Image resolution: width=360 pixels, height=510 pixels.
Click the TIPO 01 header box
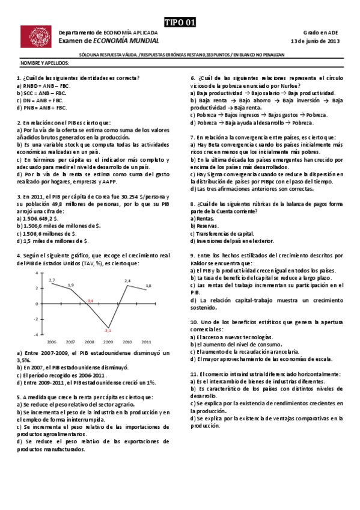[180, 22]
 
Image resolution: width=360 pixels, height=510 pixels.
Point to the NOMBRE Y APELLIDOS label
[45, 63]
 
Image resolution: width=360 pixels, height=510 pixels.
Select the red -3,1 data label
[108, 330]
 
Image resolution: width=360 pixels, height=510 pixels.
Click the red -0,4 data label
[90, 300]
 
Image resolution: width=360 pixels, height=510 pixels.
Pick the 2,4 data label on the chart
[127, 281]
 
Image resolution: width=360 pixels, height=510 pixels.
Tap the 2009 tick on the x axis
[108, 341]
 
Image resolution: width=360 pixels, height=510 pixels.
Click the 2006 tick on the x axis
[52, 341]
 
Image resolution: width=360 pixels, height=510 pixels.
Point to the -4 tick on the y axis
[36, 334]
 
